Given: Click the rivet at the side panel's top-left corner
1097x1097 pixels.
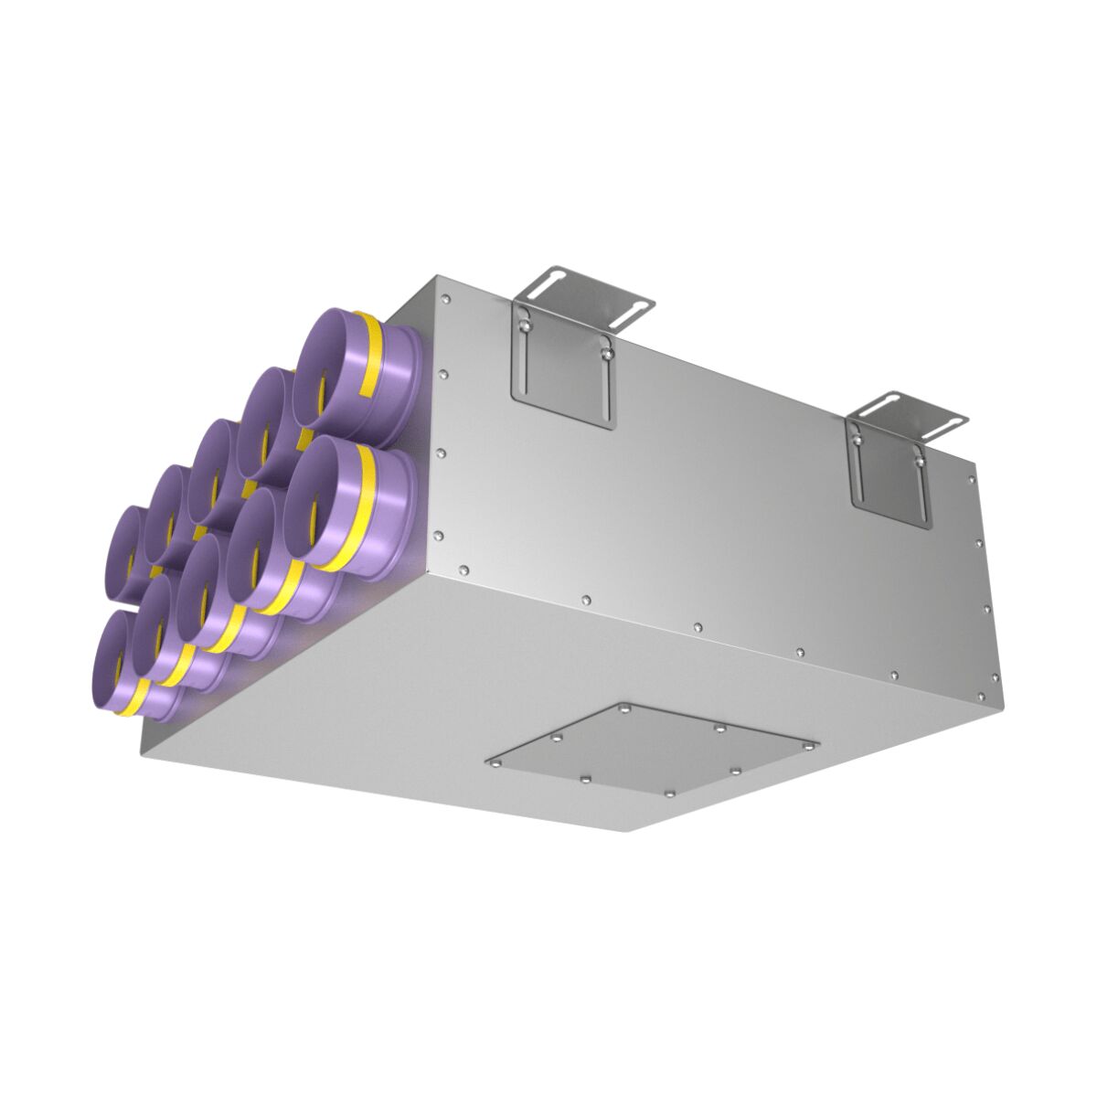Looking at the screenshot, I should (x=444, y=298).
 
